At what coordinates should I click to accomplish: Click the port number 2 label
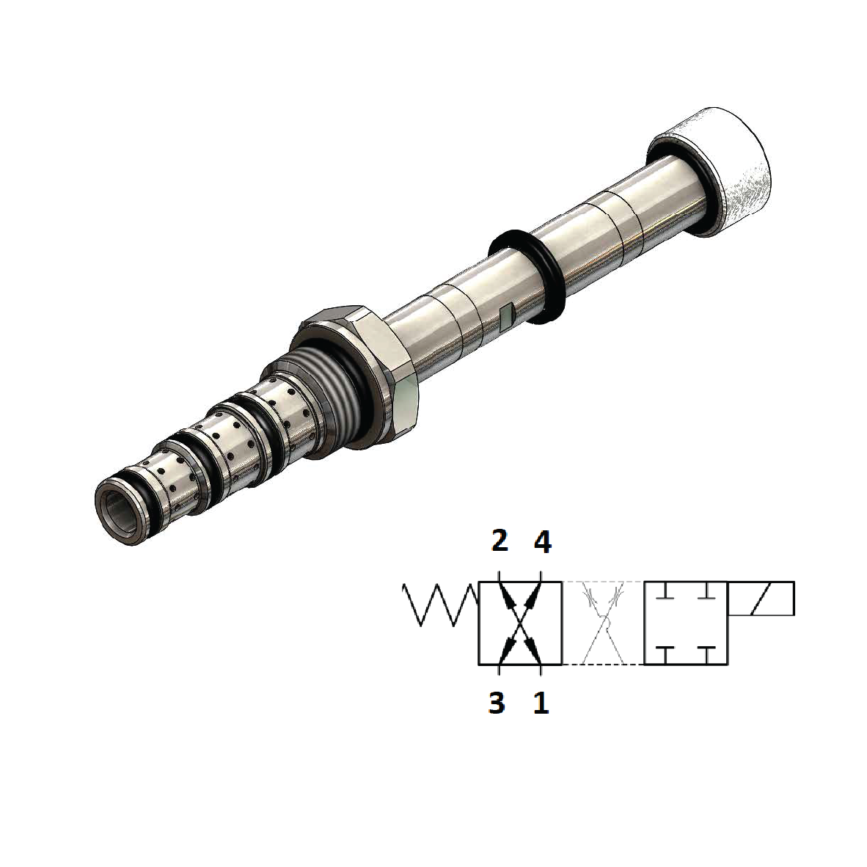coord(499,543)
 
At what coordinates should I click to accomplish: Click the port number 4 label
coord(541,543)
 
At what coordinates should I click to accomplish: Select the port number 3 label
coord(497,703)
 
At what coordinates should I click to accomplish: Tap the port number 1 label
coord(541,703)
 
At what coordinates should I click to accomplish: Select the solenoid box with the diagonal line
coord(761,599)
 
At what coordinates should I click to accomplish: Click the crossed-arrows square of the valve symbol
coord(520,623)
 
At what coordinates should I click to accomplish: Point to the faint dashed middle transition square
coord(603,623)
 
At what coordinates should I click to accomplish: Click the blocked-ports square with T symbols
coord(685,623)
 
